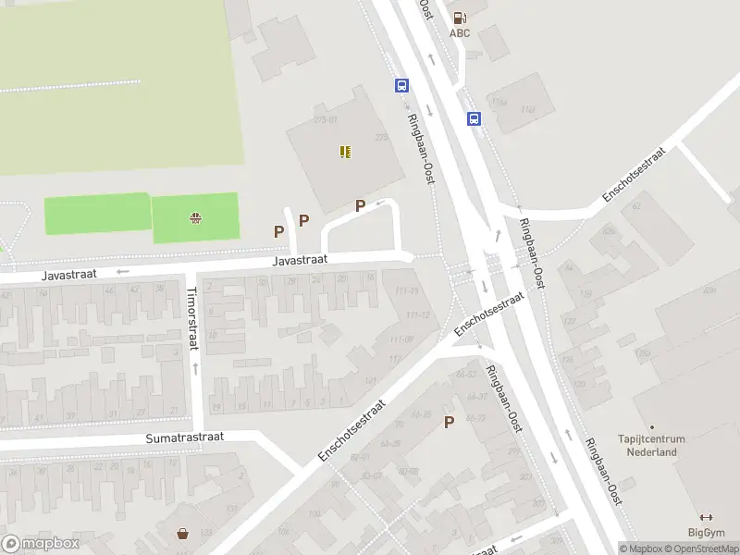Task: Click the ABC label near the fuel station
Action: point(460,33)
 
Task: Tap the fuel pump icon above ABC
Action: point(460,17)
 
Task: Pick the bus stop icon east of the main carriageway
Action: point(474,118)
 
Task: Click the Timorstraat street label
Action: point(193,313)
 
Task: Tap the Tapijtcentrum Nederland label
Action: point(647,446)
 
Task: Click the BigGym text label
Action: point(707,532)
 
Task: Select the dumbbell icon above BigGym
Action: point(707,517)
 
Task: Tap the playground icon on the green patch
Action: point(195,218)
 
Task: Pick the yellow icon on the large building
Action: point(345,152)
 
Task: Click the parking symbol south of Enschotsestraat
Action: point(450,422)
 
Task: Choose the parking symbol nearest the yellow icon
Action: point(360,205)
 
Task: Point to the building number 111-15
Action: point(406,291)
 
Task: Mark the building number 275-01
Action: point(326,119)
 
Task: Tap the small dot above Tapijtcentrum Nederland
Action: point(650,427)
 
